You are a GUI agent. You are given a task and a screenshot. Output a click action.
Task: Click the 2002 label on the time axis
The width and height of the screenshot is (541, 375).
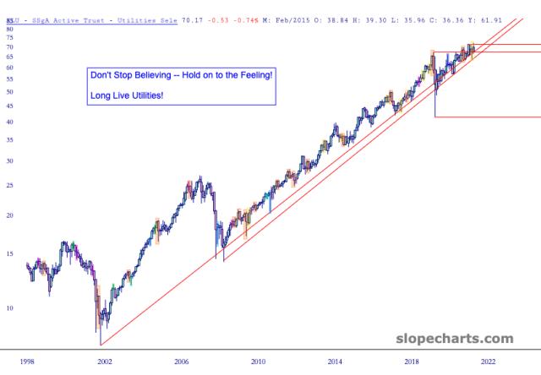pos(105,361)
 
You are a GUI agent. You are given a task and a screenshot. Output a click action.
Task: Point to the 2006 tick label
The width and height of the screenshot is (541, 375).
pos(183,361)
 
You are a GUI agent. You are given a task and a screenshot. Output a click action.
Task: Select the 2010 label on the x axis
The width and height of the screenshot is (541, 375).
pos(258,361)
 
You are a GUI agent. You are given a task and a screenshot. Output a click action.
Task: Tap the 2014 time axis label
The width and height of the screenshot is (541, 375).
pos(335,361)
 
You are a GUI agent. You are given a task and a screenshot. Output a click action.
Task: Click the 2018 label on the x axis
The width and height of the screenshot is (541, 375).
pos(412,361)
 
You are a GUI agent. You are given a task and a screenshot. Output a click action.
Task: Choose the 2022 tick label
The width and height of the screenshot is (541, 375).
pos(488,361)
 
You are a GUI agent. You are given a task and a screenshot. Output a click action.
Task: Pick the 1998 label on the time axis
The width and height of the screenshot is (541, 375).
pos(29,361)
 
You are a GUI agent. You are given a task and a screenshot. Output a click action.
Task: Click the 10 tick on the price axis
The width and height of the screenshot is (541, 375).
pos(10,308)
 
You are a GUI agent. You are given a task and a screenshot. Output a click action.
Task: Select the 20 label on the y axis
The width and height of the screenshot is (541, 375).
pos(10,215)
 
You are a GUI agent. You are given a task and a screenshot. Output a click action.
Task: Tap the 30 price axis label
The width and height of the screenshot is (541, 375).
pos(10,160)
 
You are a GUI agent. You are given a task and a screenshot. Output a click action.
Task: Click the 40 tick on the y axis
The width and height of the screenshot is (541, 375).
pos(10,122)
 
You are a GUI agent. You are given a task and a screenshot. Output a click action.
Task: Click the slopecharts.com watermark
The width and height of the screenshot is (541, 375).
pos(454,339)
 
